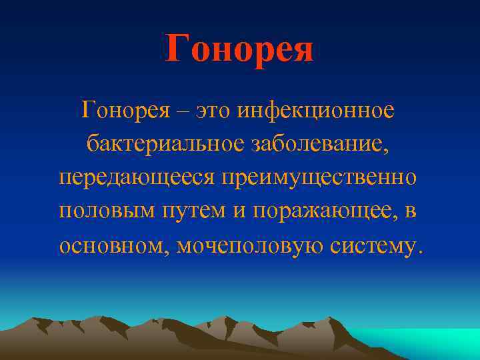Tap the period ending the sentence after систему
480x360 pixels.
419,253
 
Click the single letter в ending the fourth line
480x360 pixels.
411,212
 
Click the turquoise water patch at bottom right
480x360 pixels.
433,343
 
